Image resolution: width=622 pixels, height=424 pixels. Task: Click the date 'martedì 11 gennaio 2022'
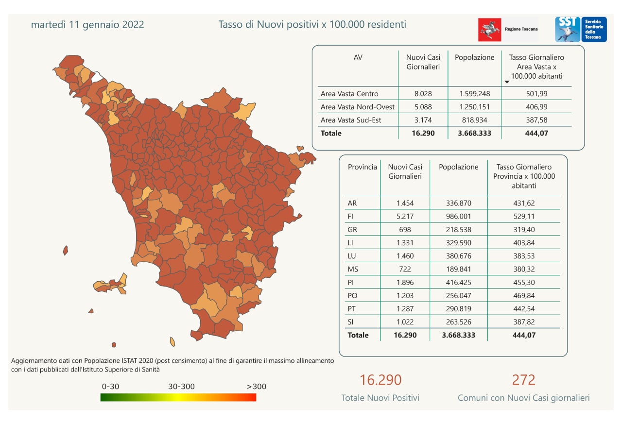[87, 25]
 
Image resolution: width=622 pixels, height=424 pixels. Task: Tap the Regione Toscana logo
[508, 29]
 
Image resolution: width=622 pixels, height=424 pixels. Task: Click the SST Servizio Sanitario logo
[581, 29]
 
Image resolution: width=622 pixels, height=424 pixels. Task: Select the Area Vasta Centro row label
[349, 94]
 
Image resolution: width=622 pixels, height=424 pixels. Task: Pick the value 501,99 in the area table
[536, 94]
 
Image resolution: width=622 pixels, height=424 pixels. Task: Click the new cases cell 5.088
[423, 107]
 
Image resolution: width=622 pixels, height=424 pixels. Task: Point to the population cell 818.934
[474, 120]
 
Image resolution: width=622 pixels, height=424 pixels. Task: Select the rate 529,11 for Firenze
[524, 217]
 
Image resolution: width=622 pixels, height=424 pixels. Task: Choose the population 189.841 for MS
[458, 269]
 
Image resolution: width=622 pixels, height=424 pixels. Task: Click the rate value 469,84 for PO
[524, 295]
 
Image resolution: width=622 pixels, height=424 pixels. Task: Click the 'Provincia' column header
[362, 167]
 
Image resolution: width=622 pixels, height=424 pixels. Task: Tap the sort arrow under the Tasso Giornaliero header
[507, 82]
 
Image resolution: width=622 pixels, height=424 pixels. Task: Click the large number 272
[523, 380]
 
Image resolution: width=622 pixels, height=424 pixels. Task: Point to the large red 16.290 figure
[380, 380]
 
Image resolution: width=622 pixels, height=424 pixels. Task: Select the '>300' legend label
[257, 387]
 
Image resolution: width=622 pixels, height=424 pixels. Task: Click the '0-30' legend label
[111, 387]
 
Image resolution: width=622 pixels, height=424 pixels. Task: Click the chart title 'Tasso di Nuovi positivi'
[312, 24]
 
